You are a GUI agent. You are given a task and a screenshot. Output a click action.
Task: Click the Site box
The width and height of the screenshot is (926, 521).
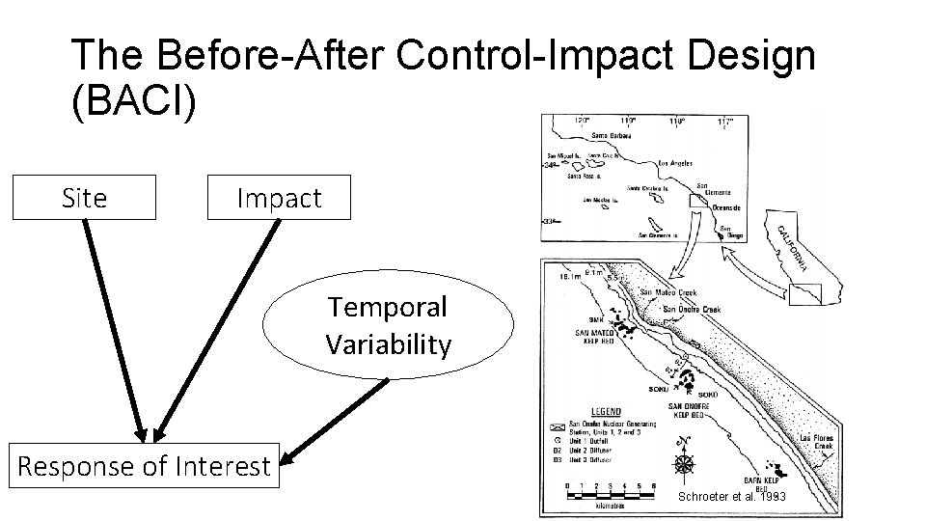click(x=84, y=198)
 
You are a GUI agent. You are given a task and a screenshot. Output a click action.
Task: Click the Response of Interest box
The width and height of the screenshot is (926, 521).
click(x=145, y=467)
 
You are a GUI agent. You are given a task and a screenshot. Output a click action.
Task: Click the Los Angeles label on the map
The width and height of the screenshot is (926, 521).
click(x=678, y=163)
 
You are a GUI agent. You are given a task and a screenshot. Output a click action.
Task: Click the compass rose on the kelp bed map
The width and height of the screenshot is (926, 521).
click(x=684, y=463)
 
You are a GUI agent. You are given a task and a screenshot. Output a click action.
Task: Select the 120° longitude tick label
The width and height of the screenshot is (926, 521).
click(x=581, y=122)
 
